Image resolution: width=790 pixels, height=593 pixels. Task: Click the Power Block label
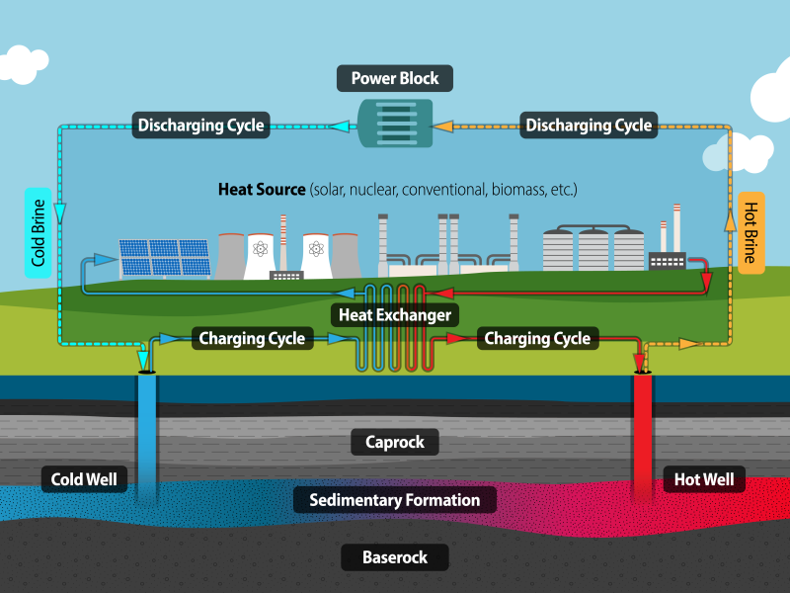click(394, 78)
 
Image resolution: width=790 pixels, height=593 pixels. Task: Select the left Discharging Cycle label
click(200, 126)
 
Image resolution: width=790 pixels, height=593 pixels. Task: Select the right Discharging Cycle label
click(589, 126)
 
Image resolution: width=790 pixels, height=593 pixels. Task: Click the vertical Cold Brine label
click(39, 232)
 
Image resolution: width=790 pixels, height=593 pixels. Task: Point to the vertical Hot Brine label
click(750, 232)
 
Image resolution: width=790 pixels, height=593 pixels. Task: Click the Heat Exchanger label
click(395, 315)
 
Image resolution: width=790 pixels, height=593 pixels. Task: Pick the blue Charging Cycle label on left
click(252, 339)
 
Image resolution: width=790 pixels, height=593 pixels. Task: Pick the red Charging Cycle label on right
click(536, 339)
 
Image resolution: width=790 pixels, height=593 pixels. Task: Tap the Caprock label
click(394, 442)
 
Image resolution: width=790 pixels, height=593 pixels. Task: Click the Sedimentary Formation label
click(394, 500)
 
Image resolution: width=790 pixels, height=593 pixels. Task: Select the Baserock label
click(394, 557)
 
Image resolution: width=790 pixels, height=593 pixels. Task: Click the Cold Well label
click(84, 481)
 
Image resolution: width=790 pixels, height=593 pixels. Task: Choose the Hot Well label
click(703, 481)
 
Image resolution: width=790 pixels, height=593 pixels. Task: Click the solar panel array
click(165, 257)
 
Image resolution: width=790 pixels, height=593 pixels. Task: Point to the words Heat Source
click(262, 189)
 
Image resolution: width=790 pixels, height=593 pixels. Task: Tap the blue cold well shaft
click(147, 435)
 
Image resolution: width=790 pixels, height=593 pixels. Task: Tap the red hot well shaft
click(643, 435)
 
